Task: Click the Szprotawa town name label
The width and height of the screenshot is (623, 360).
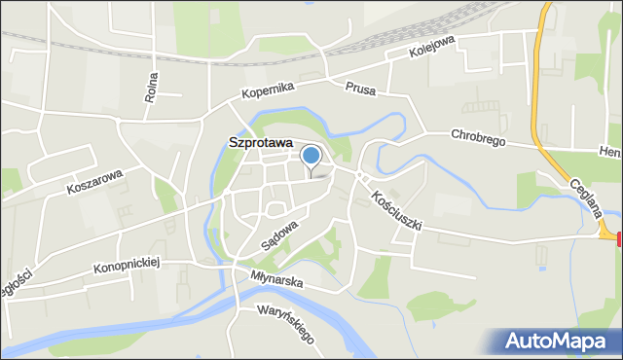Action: pos(261,142)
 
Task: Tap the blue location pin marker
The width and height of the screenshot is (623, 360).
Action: pos(311,156)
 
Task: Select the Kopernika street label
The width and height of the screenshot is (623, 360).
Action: pos(269,90)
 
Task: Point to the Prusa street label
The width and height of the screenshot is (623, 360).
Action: pos(360,88)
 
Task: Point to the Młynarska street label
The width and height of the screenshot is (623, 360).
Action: pos(276,280)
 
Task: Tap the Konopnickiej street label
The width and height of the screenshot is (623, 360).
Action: pos(127,263)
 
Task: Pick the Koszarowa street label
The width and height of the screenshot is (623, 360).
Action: pos(94,180)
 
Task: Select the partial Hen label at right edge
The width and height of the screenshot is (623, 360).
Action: pos(611,153)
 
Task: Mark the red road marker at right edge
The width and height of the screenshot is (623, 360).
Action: pos(618,238)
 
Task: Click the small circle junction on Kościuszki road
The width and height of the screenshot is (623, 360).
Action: pos(360,176)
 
